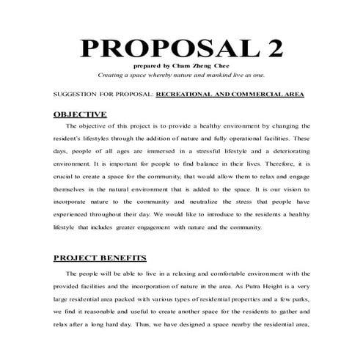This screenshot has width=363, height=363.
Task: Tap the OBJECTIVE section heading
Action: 81,114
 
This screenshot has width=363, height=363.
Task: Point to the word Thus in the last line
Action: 168,323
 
